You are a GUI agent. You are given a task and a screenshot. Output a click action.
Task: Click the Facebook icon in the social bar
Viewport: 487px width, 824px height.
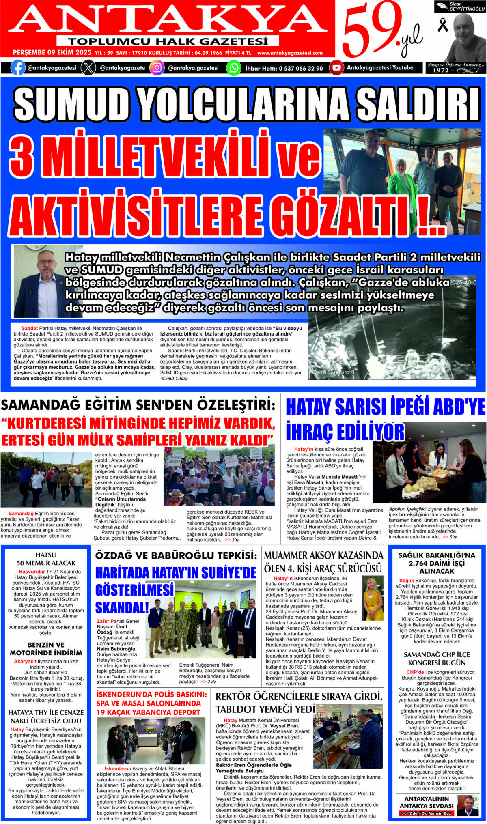click(x=17, y=68)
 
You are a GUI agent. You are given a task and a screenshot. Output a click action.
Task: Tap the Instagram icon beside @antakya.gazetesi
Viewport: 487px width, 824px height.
click(x=157, y=68)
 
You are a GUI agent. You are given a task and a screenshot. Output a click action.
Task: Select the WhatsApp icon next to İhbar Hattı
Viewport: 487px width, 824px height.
click(x=233, y=68)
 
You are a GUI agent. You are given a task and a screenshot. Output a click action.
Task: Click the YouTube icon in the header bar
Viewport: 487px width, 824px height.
click(x=336, y=68)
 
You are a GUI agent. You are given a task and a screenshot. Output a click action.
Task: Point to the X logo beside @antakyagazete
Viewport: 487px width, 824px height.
click(x=88, y=68)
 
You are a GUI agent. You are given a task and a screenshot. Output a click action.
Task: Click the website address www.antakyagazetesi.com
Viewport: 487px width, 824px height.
click(x=290, y=53)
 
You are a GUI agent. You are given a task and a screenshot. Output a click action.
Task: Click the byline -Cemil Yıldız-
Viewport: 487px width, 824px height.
click(x=174, y=378)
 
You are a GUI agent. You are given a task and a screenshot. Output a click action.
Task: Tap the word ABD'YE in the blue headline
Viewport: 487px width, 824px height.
click(x=459, y=407)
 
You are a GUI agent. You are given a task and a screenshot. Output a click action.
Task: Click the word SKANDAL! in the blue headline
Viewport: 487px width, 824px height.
click(x=122, y=607)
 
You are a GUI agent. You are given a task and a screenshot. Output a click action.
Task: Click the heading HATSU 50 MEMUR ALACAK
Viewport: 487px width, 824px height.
click(x=46, y=559)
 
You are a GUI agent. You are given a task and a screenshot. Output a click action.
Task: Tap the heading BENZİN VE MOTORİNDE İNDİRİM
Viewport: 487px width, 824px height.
click(x=46, y=649)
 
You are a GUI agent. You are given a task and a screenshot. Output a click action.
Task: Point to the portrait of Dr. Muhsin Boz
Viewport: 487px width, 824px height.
click(x=468, y=805)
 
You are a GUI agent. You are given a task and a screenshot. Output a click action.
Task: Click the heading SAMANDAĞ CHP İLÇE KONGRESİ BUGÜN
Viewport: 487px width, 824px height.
click(x=436, y=658)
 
